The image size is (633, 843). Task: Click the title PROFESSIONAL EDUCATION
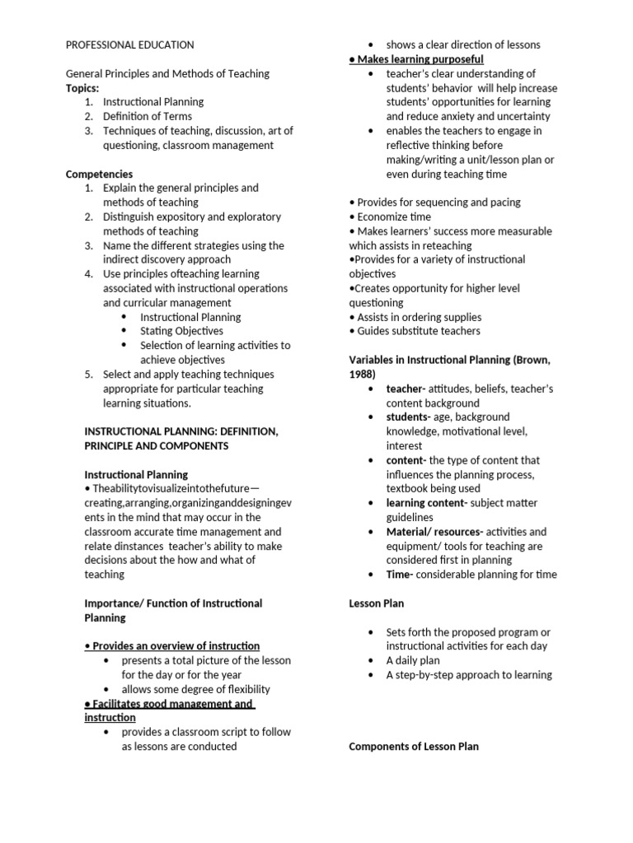(x=129, y=44)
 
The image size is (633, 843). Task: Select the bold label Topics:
(x=82, y=87)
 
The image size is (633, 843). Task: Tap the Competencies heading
(x=99, y=174)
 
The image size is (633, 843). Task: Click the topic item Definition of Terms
(x=148, y=116)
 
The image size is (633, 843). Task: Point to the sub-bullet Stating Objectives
(x=181, y=331)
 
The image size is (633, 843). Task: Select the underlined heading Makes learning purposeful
(x=420, y=59)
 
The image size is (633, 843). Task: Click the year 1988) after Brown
(x=363, y=374)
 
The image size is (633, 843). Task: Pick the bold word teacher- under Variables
(x=406, y=389)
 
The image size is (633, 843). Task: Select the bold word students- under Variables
(x=409, y=417)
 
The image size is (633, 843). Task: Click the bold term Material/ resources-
(x=435, y=531)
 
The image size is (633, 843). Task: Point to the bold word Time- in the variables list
(x=400, y=574)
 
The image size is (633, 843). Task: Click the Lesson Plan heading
(x=377, y=603)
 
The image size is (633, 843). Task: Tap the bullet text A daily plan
(x=413, y=660)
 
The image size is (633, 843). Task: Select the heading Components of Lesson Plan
(x=414, y=746)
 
